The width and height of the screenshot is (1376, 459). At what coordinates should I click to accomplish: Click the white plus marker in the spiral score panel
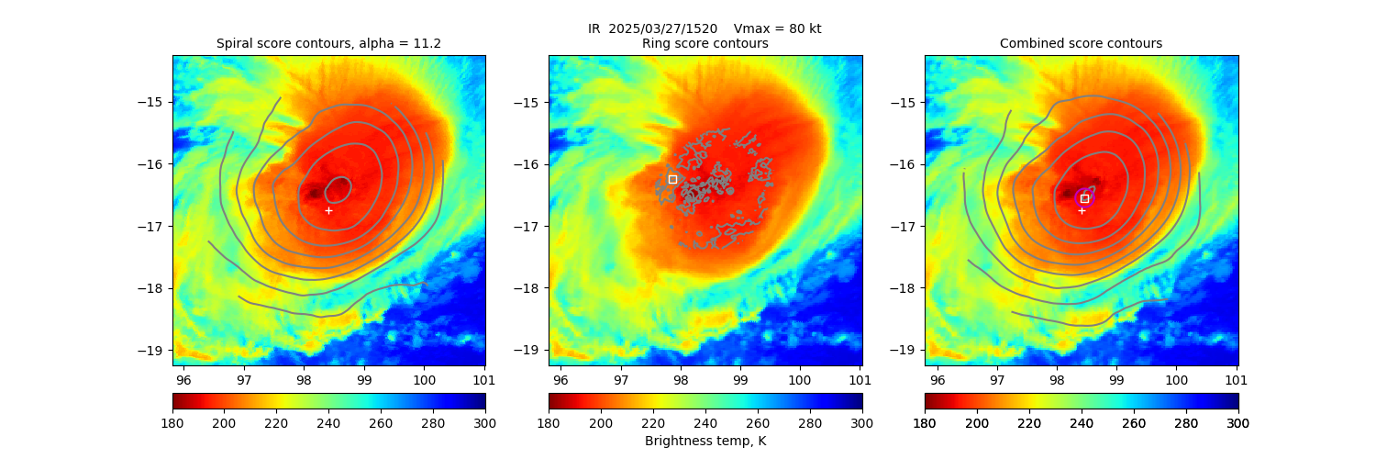point(328,210)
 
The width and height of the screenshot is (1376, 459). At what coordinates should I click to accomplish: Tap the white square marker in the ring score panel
point(672,179)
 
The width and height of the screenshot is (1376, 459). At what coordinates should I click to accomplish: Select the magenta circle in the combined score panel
point(1084,197)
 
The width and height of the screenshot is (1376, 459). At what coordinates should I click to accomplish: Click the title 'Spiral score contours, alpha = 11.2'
point(328,43)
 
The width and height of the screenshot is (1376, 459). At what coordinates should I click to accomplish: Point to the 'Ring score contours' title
point(705,43)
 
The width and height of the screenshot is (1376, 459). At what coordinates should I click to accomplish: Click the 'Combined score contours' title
point(1081,43)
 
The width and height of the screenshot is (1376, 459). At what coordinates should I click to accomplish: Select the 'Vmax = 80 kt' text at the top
point(778,28)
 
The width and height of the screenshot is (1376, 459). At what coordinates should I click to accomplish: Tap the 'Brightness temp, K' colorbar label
point(705,442)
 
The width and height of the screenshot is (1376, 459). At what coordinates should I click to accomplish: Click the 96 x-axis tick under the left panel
point(183,378)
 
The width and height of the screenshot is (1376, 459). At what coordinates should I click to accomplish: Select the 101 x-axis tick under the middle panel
point(860,378)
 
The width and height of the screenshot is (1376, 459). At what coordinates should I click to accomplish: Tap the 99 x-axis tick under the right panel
point(1116,378)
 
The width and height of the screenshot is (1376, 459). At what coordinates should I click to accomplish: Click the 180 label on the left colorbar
point(172,422)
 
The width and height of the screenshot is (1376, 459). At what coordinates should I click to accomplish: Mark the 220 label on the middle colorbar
point(653,422)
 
